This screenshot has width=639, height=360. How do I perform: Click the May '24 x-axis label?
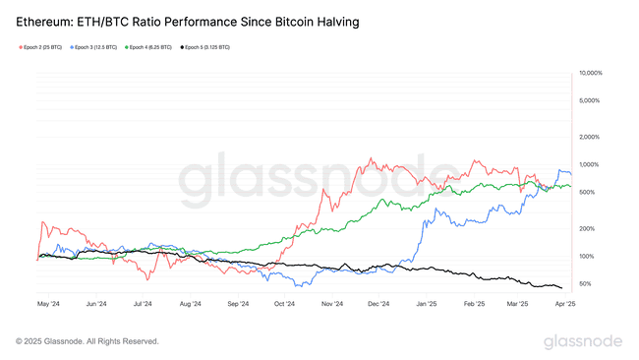tap(49, 305)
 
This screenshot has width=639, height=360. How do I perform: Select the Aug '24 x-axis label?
tap(192, 305)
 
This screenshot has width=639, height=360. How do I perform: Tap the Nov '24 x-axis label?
tap(331, 305)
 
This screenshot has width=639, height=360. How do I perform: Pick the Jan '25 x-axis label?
tap(426, 305)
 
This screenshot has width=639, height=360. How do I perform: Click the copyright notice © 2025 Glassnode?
tap(87, 341)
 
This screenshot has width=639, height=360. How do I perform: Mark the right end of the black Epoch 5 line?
tap(562, 288)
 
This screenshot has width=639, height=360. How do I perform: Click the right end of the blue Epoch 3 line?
tap(571, 173)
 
